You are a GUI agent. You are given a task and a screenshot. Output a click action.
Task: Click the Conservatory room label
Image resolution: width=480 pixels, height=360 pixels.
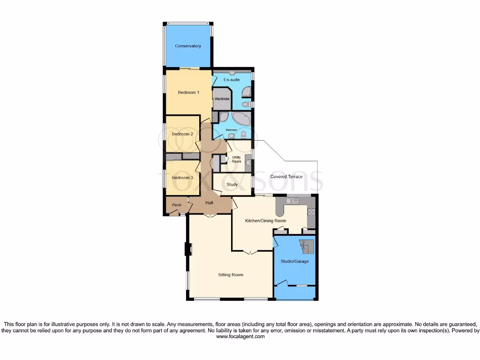tap(188, 46)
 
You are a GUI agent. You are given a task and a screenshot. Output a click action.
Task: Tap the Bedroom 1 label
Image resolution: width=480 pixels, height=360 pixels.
tap(188, 92)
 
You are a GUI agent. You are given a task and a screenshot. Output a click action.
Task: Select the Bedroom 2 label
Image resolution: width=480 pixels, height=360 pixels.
tap(182, 134)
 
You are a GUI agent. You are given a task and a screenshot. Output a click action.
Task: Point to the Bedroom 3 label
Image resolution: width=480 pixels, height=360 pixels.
tap(182, 178)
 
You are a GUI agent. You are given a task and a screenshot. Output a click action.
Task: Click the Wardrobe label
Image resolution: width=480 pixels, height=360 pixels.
tap(221, 99)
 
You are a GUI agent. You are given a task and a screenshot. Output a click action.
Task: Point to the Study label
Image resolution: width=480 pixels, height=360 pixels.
tap(232, 185)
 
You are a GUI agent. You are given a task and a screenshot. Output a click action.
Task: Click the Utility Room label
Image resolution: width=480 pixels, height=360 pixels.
tap(236, 159)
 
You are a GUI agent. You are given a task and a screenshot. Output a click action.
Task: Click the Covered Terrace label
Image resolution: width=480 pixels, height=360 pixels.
tap(286, 177)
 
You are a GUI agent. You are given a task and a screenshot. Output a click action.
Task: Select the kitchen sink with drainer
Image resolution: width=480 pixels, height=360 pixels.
tap(292, 201)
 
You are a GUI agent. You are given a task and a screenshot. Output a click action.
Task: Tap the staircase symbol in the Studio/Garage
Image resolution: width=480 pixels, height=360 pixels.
tap(307, 246)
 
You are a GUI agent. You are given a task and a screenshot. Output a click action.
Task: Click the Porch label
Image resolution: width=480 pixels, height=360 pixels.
tap(177, 205)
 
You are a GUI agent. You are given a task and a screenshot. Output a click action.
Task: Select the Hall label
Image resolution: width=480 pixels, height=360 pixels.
tap(210, 202)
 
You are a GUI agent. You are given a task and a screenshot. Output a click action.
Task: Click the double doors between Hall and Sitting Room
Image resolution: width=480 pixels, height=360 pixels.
tap(210, 215)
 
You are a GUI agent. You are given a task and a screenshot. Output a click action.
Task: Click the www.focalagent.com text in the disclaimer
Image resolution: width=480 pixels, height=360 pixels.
tap(240, 337)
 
